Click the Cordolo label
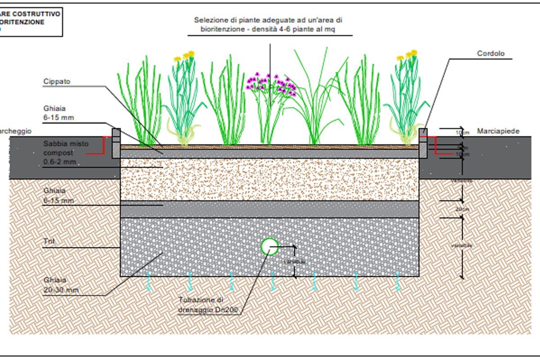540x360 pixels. [x=490, y=54]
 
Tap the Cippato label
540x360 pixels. [x=57, y=81]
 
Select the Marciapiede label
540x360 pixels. [x=498, y=131]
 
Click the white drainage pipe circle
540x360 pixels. [x=270, y=246]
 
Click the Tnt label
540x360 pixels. [x=49, y=242]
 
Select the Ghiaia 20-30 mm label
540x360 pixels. [x=60, y=285]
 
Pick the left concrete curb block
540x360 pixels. [x=116, y=144]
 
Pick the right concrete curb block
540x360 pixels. [x=423, y=143]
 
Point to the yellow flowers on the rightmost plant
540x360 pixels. [x=407, y=56]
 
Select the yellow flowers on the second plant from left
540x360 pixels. [x=185, y=56]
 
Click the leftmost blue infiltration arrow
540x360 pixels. [x=148, y=280]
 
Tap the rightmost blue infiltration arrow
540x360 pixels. [x=398, y=280]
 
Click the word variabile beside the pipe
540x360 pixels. [x=295, y=261]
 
